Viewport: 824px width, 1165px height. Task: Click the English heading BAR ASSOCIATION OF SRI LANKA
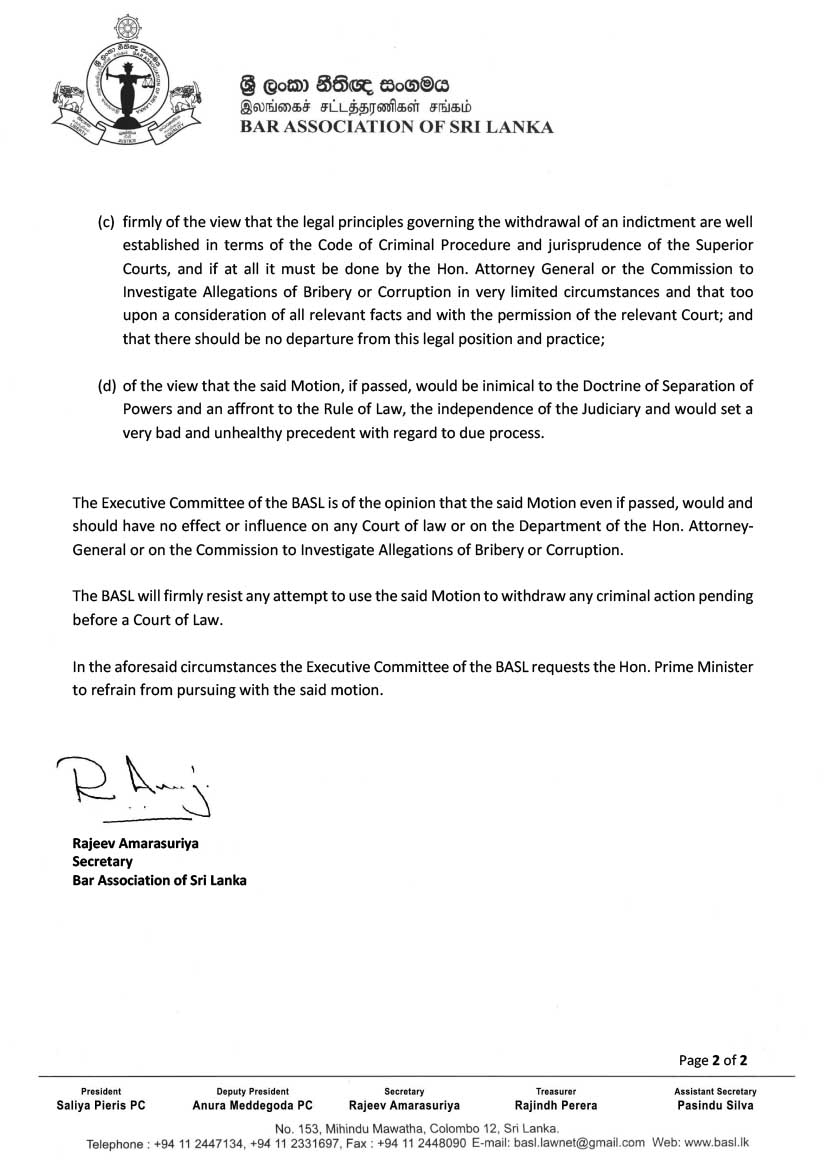point(395,127)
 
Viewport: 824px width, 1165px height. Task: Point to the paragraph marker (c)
point(105,221)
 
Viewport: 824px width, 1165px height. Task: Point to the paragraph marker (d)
point(105,386)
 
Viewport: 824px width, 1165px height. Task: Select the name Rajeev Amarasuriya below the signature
point(135,843)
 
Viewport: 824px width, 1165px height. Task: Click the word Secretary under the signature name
point(102,861)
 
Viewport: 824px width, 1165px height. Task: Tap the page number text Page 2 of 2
point(713,1060)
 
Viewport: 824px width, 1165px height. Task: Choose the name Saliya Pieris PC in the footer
point(101,1106)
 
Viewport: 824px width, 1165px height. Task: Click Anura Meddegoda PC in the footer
point(252,1106)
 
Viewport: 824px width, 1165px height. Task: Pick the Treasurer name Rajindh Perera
point(556,1106)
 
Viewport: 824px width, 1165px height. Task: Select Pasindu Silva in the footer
point(715,1106)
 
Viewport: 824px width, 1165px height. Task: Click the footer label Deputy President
point(252,1091)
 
